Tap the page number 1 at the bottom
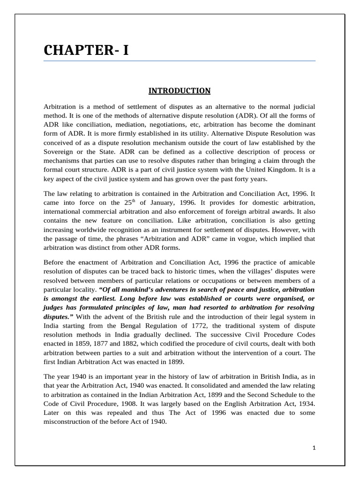(314, 448)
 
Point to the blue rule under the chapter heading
(180, 61)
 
